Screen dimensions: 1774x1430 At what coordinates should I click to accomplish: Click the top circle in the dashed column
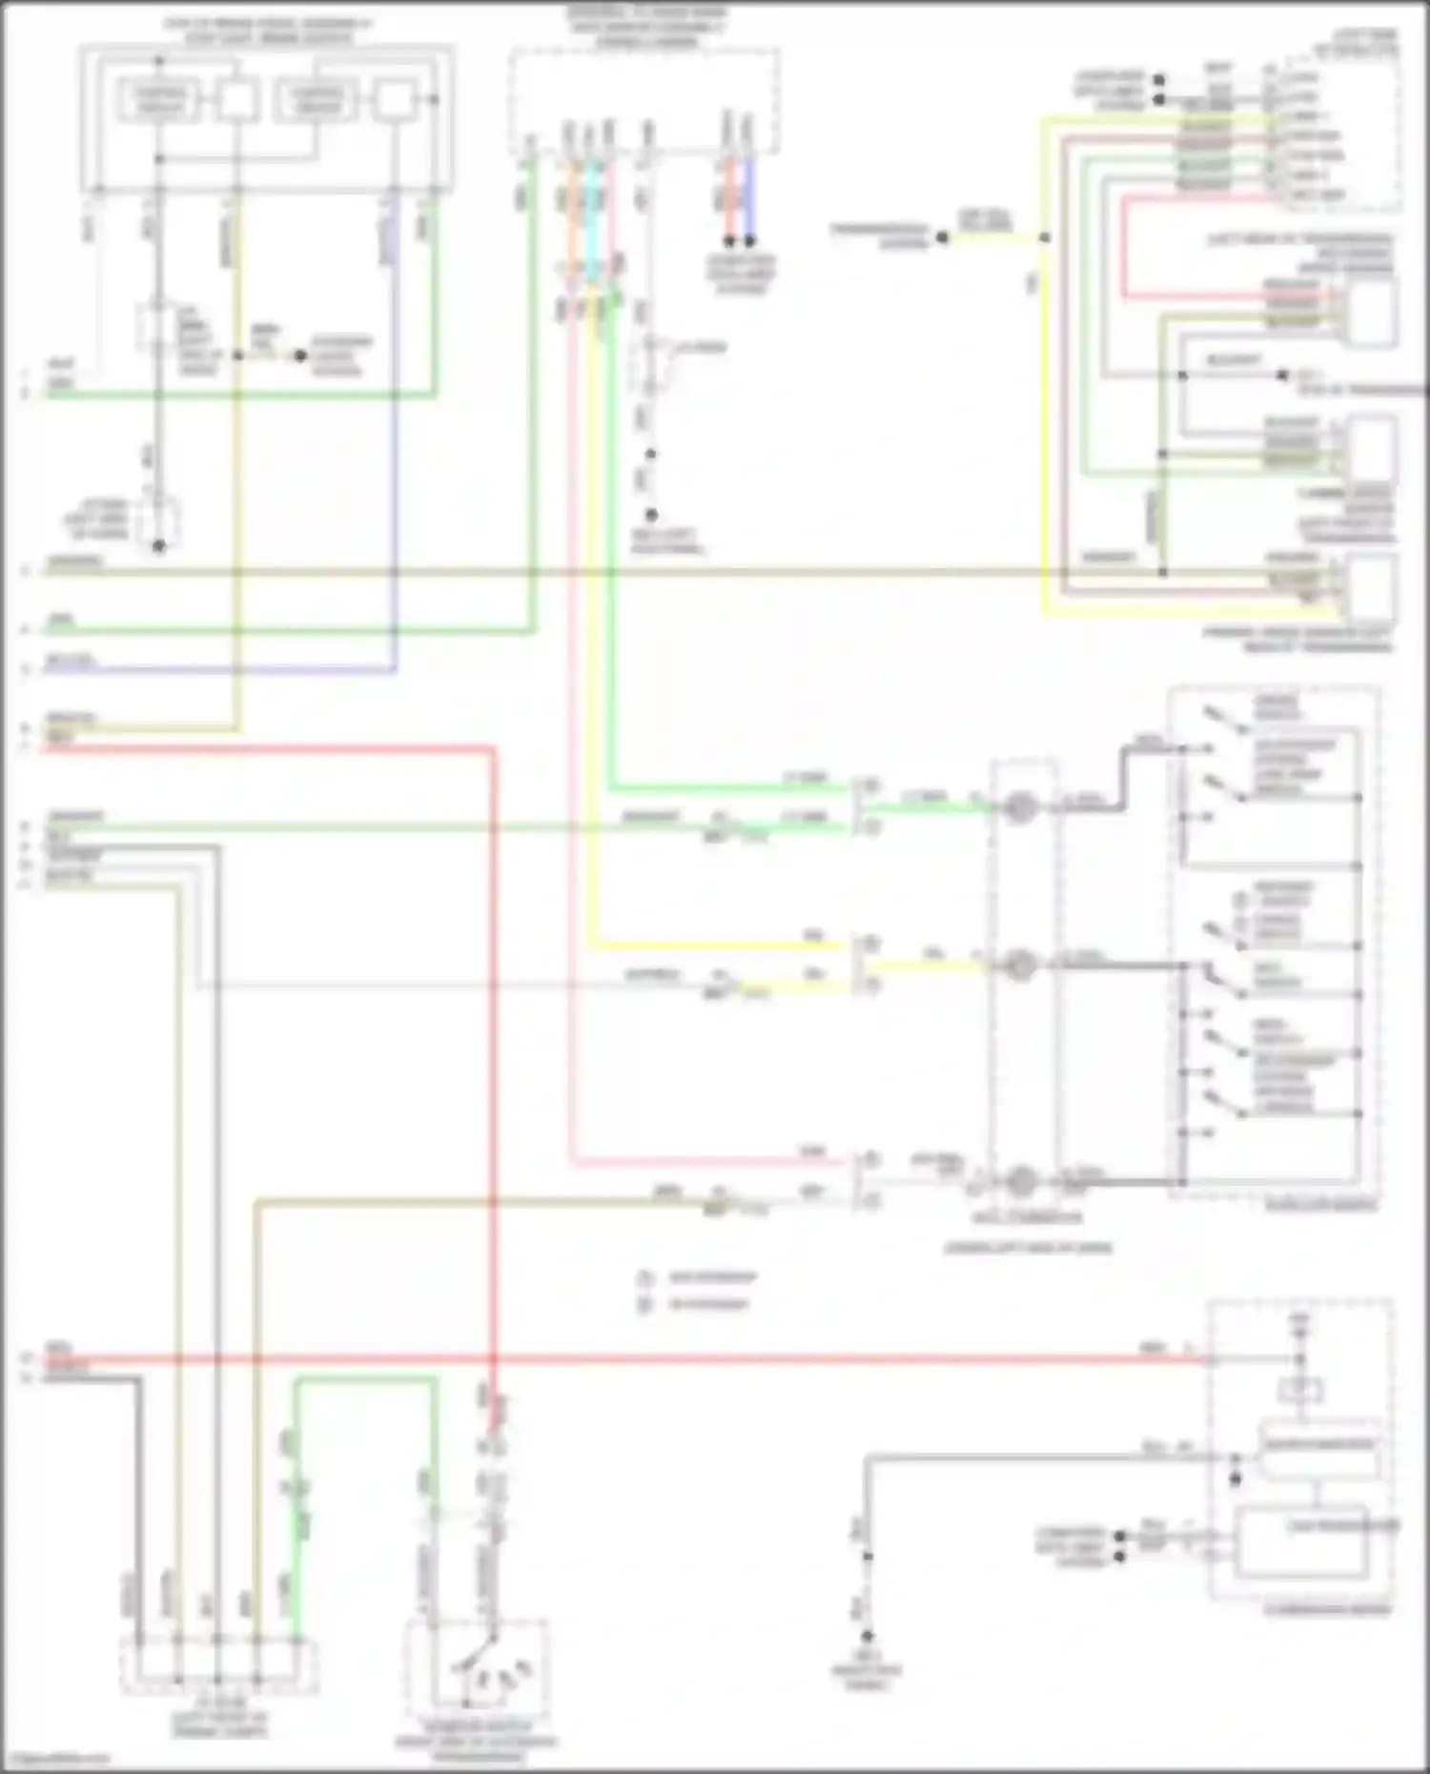click(1021, 809)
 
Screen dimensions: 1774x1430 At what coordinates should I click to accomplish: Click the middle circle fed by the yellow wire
click(1021, 966)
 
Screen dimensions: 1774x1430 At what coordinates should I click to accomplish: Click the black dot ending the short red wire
click(729, 241)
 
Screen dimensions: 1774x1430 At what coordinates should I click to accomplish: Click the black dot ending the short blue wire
click(749, 241)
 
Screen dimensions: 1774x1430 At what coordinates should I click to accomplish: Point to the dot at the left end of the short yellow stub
click(942, 237)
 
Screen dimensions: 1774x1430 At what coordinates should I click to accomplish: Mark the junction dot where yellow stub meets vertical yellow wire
click(1044, 237)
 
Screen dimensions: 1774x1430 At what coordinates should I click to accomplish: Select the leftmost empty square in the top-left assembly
click(236, 99)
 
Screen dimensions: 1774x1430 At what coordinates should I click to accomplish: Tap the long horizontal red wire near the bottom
click(667, 1359)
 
